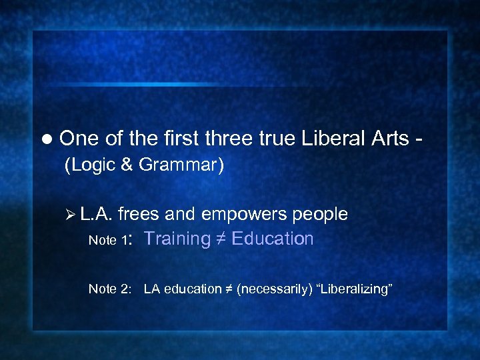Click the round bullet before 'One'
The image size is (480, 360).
tap(46, 139)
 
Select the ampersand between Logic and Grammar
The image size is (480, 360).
tap(127, 165)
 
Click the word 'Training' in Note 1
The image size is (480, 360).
tap(177, 239)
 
